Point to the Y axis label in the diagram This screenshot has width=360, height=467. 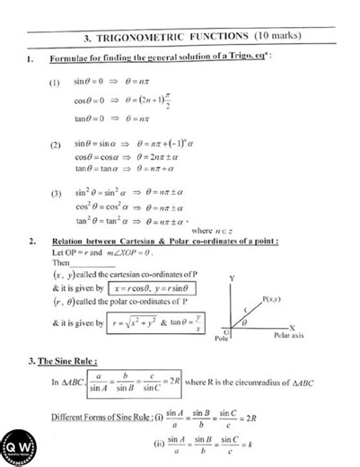click(233, 279)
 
